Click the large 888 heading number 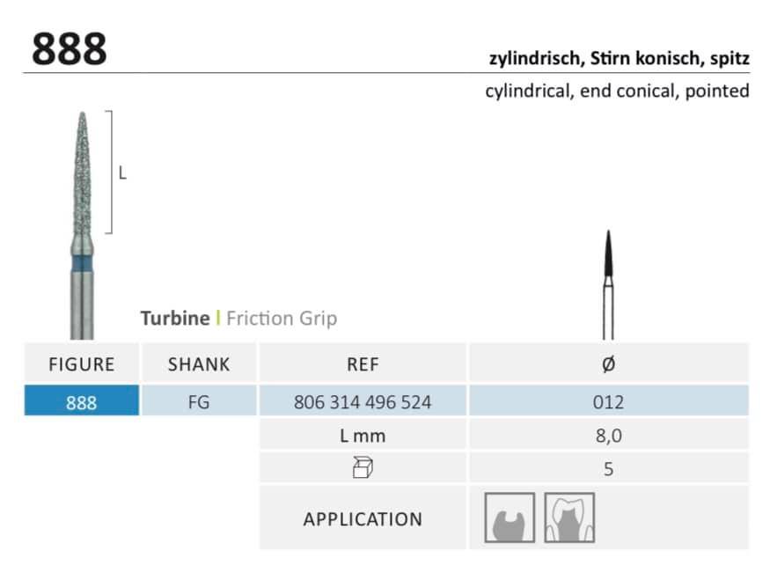[70, 48]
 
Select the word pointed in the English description [717, 92]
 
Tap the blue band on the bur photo [82, 263]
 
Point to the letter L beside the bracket [123, 173]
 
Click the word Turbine [175, 319]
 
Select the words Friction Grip [282, 319]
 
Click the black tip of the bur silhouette [608, 253]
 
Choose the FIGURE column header [82, 364]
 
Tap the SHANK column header [199, 364]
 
